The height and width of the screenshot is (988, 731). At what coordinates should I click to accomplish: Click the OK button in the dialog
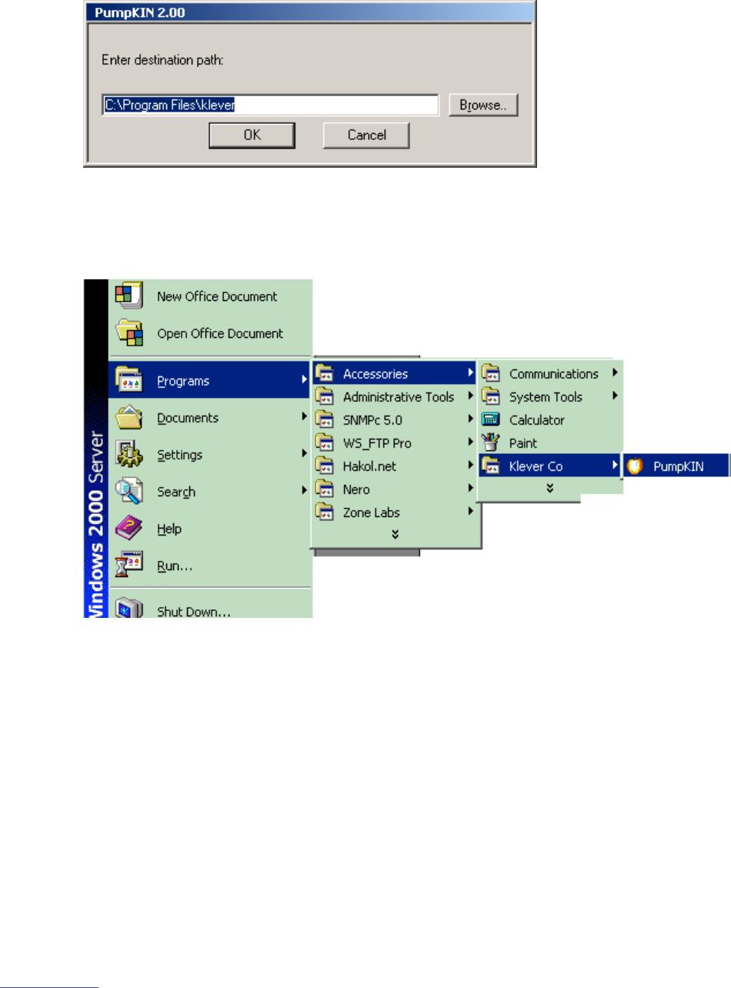click(x=252, y=135)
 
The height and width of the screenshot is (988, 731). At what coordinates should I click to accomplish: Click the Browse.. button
click(x=484, y=105)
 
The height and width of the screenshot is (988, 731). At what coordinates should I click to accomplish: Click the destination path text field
click(x=270, y=105)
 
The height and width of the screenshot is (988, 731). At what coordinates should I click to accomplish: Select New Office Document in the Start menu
click(x=217, y=296)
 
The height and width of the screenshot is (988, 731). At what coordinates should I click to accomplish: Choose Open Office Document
click(x=219, y=333)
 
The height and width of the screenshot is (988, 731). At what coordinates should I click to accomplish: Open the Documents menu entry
click(x=188, y=418)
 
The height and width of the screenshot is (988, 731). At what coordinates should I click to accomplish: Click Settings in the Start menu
click(x=179, y=455)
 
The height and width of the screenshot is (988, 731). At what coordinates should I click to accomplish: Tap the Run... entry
click(x=175, y=566)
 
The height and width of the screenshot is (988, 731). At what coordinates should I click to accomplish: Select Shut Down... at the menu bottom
click(x=193, y=612)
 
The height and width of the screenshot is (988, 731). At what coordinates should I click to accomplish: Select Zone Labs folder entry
click(x=371, y=512)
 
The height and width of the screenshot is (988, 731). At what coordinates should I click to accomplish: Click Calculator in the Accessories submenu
click(x=536, y=420)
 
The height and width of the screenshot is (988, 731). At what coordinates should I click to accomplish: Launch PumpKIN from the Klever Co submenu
click(x=678, y=466)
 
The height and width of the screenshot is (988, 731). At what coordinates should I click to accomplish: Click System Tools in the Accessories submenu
click(x=546, y=397)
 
